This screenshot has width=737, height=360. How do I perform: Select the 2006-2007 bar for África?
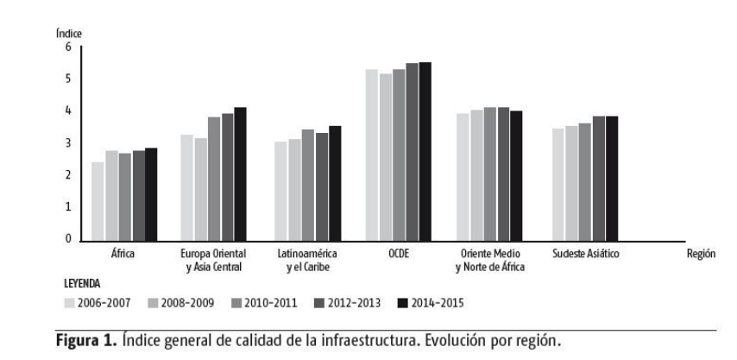pyautogui.click(x=98, y=200)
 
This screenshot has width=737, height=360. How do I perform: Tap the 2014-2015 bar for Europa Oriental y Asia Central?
pyautogui.click(x=240, y=174)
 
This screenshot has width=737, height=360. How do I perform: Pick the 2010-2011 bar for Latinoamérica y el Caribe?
pyautogui.click(x=307, y=185)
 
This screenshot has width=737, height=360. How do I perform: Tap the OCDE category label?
pyautogui.click(x=398, y=253)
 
